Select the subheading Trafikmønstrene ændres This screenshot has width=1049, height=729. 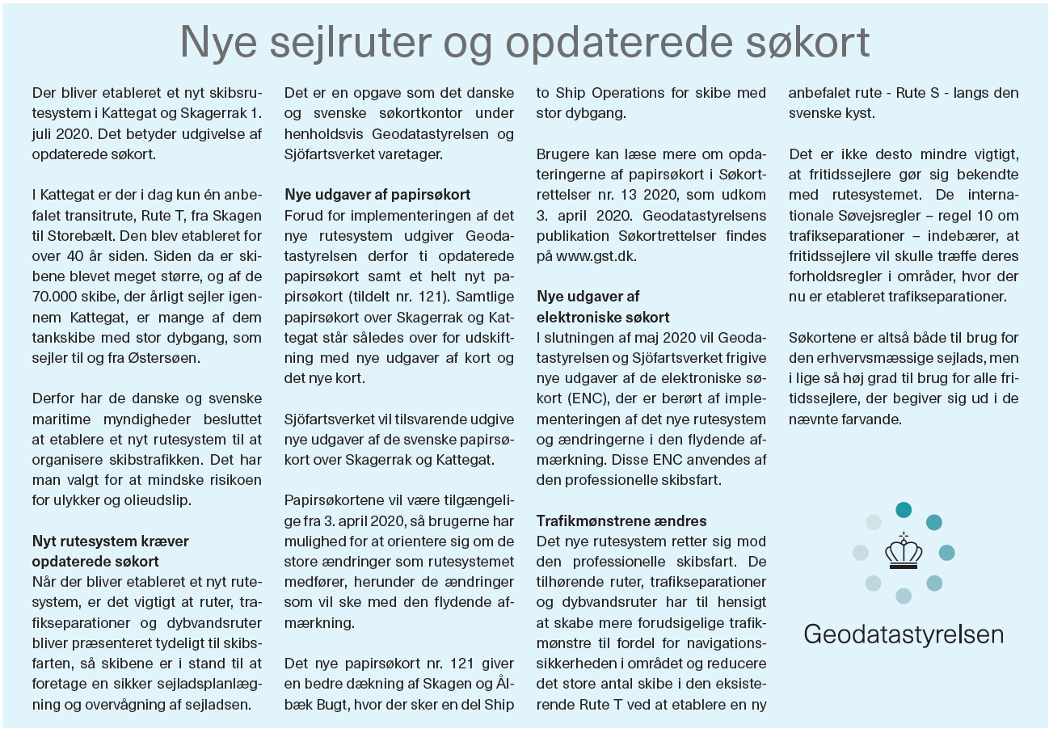tap(621, 520)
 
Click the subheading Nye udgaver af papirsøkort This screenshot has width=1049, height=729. tap(377, 195)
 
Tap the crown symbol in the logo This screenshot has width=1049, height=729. tap(904, 552)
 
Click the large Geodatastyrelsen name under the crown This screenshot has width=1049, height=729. tap(904, 633)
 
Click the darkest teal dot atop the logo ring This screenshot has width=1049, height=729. tap(904, 510)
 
